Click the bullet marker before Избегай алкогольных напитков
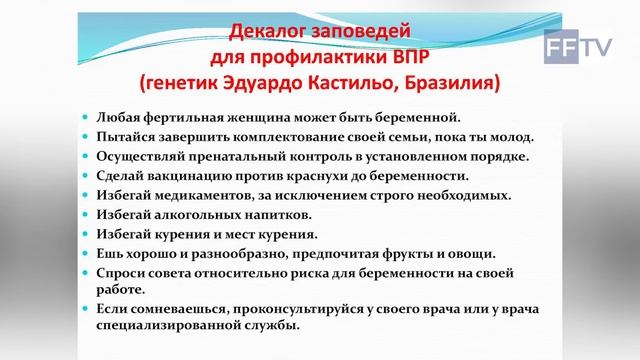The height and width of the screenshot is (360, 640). tap(88, 214)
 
